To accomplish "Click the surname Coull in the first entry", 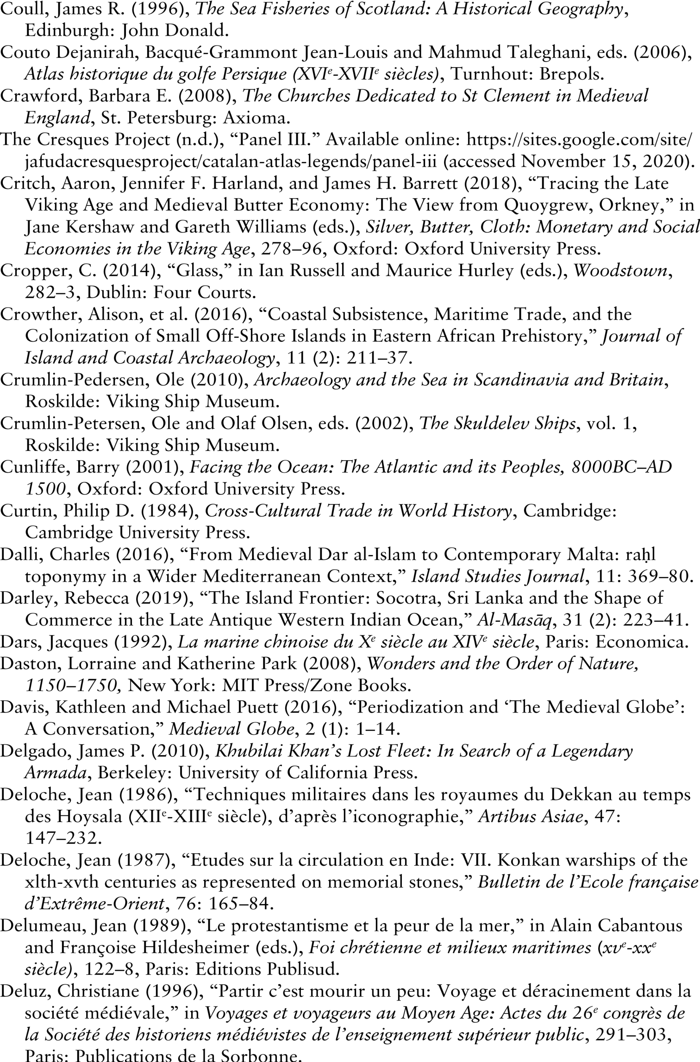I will pyautogui.click(x=19, y=9).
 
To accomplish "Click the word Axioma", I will pyautogui.click(x=256, y=118).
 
